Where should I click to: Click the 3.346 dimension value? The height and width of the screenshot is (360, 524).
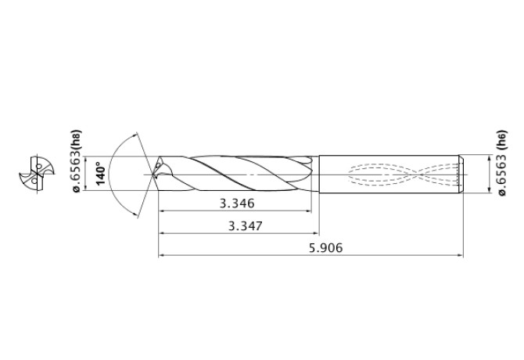coord(237,203)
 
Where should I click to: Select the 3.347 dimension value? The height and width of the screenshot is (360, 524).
coord(246,226)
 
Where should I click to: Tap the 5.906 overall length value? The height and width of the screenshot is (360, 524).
coord(326,248)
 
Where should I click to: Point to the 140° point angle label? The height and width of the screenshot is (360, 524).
coord(101,173)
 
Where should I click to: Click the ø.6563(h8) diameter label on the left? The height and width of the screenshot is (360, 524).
coord(77,161)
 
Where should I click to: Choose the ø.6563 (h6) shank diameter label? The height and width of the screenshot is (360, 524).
coord(502,163)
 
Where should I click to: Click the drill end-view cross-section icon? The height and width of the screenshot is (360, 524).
coord(37,175)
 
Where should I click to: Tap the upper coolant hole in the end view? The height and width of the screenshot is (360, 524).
coord(39,166)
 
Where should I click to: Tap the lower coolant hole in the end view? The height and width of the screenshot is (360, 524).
coord(34,182)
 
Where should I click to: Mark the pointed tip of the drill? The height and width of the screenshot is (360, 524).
coord(153,175)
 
